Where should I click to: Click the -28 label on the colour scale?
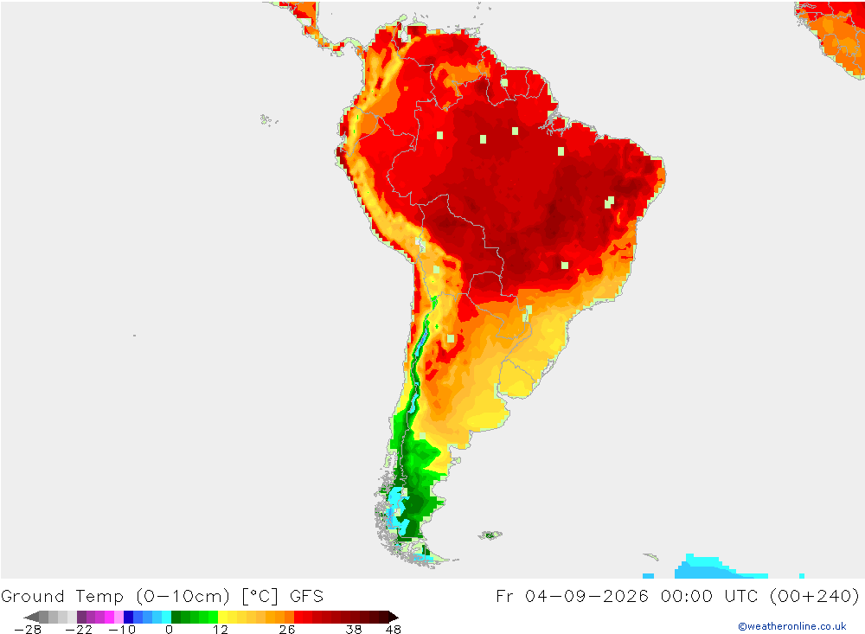tap(29, 630)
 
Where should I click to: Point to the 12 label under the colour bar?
tap(221, 630)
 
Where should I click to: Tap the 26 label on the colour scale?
tap(287, 630)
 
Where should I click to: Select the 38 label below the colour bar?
tap(354, 630)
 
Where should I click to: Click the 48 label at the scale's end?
tap(394, 630)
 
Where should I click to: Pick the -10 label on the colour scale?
tap(122, 630)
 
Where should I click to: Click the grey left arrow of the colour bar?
tap(31, 617)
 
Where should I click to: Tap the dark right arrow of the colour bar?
tap(393, 617)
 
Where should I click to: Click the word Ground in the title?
tap(33, 597)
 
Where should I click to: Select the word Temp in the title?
tap(99, 597)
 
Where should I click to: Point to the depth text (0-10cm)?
tap(183, 597)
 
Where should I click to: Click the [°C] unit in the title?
tap(259, 597)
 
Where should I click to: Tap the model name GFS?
tap(307, 597)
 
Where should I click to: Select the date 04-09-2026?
tap(586, 597)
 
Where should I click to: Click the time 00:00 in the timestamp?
tap(686, 597)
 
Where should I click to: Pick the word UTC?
tap(741, 597)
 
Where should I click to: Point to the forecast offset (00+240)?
tap(814, 597)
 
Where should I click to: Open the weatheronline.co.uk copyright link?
tap(792, 626)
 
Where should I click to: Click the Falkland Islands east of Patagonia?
tap(490, 535)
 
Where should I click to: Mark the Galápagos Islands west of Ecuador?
tap(268, 119)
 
